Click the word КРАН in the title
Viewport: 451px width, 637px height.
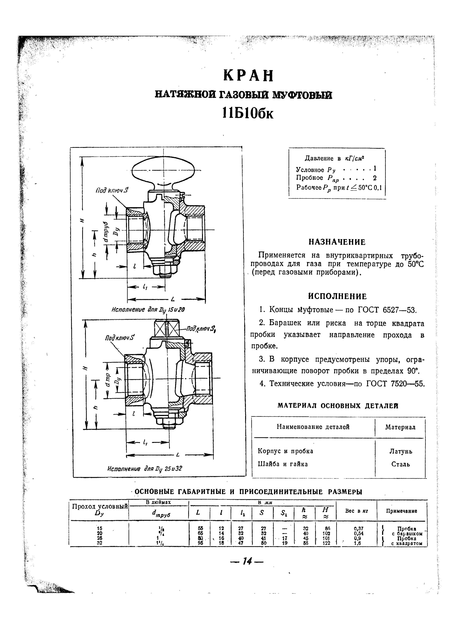click(x=248, y=76)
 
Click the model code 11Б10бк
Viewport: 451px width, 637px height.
click(x=248, y=113)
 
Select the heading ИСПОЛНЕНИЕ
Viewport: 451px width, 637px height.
click(x=337, y=297)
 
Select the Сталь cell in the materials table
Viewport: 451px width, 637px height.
click(x=400, y=464)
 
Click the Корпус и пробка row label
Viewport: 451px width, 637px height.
click(x=285, y=451)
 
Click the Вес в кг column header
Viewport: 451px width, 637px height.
click(x=356, y=511)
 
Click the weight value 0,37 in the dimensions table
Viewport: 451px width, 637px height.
click(x=357, y=529)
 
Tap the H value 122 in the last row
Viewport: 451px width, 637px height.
click(x=326, y=543)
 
